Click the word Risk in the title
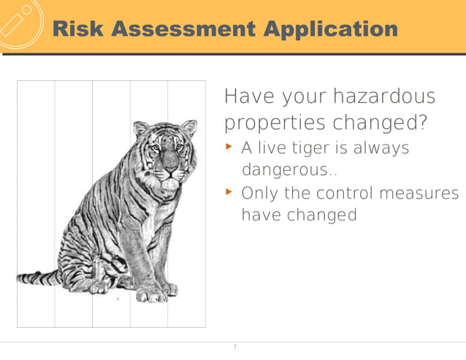(x=80, y=29)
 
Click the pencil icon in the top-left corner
(x=18, y=20)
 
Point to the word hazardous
(x=386, y=96)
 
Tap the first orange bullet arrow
(x=229, y=147)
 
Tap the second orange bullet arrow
(x=229, y=192)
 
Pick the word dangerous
(x=285, y=171)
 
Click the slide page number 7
(x=234, y=347)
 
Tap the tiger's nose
(x=169, y=169)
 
